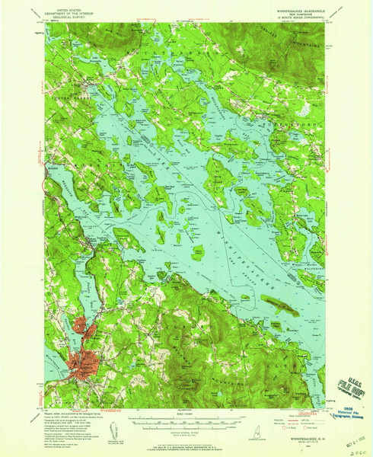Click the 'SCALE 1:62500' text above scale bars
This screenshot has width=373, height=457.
tap(186, 414)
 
